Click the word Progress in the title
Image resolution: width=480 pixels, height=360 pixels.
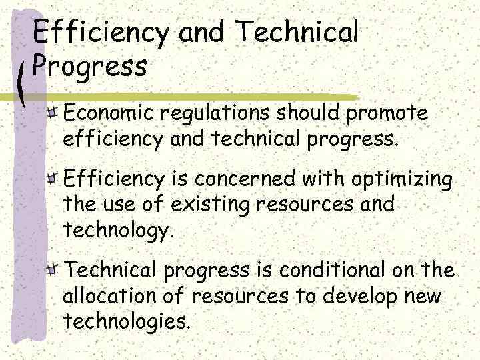point(89,67)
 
